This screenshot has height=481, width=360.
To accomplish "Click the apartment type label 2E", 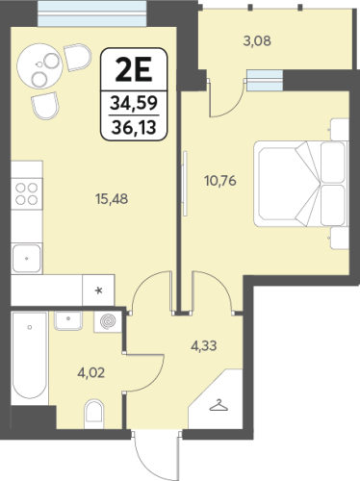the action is point(134,70).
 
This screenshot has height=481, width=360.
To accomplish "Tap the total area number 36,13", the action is point(134,127).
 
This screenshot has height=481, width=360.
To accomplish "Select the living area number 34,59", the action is point(134,103).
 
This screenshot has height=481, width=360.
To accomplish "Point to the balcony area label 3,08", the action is point(257,41).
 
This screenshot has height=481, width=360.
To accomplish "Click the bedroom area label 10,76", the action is point(220,181).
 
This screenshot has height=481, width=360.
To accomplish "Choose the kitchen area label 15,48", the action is point(112,199).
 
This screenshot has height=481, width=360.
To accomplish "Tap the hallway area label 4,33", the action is point(204,346).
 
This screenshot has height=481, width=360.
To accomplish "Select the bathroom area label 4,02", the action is point(91,373).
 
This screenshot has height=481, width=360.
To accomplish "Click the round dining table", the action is point(39,66).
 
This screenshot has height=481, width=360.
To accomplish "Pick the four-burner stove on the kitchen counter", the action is point(27,193).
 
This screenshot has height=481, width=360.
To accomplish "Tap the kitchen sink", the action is point(27,258).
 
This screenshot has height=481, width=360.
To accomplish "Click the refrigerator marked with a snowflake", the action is point(98,291).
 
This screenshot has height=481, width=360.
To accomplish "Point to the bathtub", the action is point(30,355).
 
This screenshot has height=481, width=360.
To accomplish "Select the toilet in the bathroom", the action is point(94,414).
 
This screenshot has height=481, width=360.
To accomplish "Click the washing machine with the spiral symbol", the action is point(108,321).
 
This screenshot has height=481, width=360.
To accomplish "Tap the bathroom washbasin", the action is point(68,320).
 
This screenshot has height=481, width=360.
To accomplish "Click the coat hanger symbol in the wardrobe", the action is point(219,405).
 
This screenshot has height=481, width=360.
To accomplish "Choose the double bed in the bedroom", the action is point(301,184).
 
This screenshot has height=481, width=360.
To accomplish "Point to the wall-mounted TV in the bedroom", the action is point(185,184).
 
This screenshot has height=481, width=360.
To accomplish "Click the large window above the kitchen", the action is point(92,13).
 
